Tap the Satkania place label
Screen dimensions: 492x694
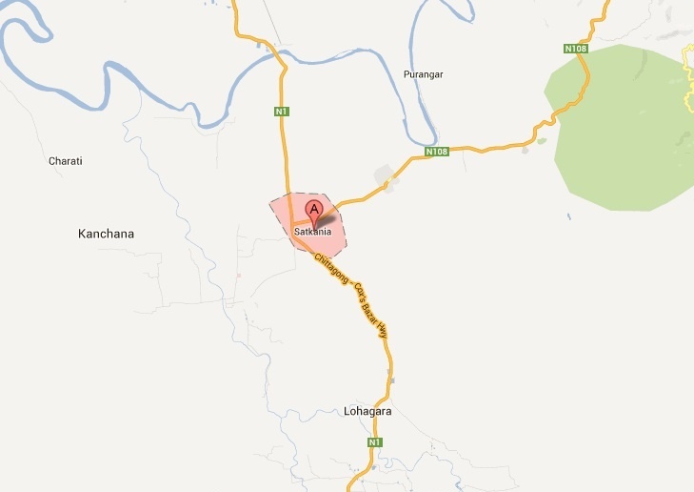312,231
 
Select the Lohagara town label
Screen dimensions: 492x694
367,412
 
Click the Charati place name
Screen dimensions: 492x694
66,161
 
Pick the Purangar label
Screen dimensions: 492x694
424,74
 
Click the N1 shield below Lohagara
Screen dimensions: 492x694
375,443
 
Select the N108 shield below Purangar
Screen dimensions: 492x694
436,151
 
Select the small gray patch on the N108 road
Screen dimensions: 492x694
387,177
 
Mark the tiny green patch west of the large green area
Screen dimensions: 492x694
541,141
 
